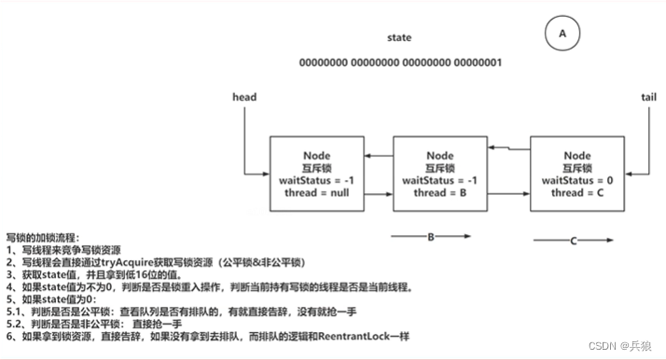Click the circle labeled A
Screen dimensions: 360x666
[x=562, y=33]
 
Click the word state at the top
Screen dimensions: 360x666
[x=399, y=38]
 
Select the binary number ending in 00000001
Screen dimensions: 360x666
[x=400, y=62]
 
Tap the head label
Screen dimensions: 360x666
[x=244, y=97]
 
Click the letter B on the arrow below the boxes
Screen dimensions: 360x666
[x=432, y=237]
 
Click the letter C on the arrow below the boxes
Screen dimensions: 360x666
[x=571, y=241]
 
